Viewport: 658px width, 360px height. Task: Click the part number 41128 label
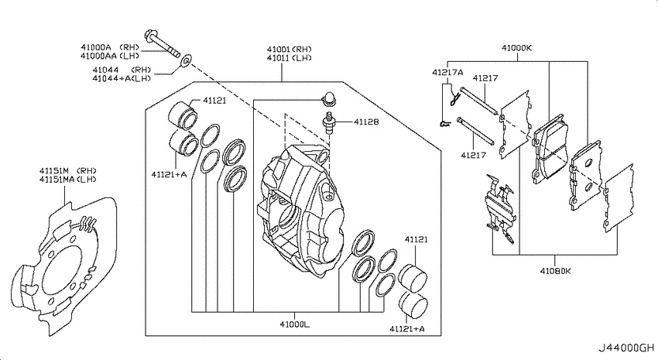point(366,122)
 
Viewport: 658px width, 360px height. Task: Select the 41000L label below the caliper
point(295,324)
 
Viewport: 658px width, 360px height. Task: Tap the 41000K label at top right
point(516,48)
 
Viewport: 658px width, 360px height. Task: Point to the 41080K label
point(556,271)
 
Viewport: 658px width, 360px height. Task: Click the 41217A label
point(447,73)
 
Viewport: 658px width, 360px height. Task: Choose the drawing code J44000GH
point(626,348)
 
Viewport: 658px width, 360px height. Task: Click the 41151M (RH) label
point(68,171)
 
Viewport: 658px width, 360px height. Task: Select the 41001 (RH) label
point(290,49)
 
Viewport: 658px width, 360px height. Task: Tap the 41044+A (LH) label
point(122,78)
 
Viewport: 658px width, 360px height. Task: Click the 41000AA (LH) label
point(110,56)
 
